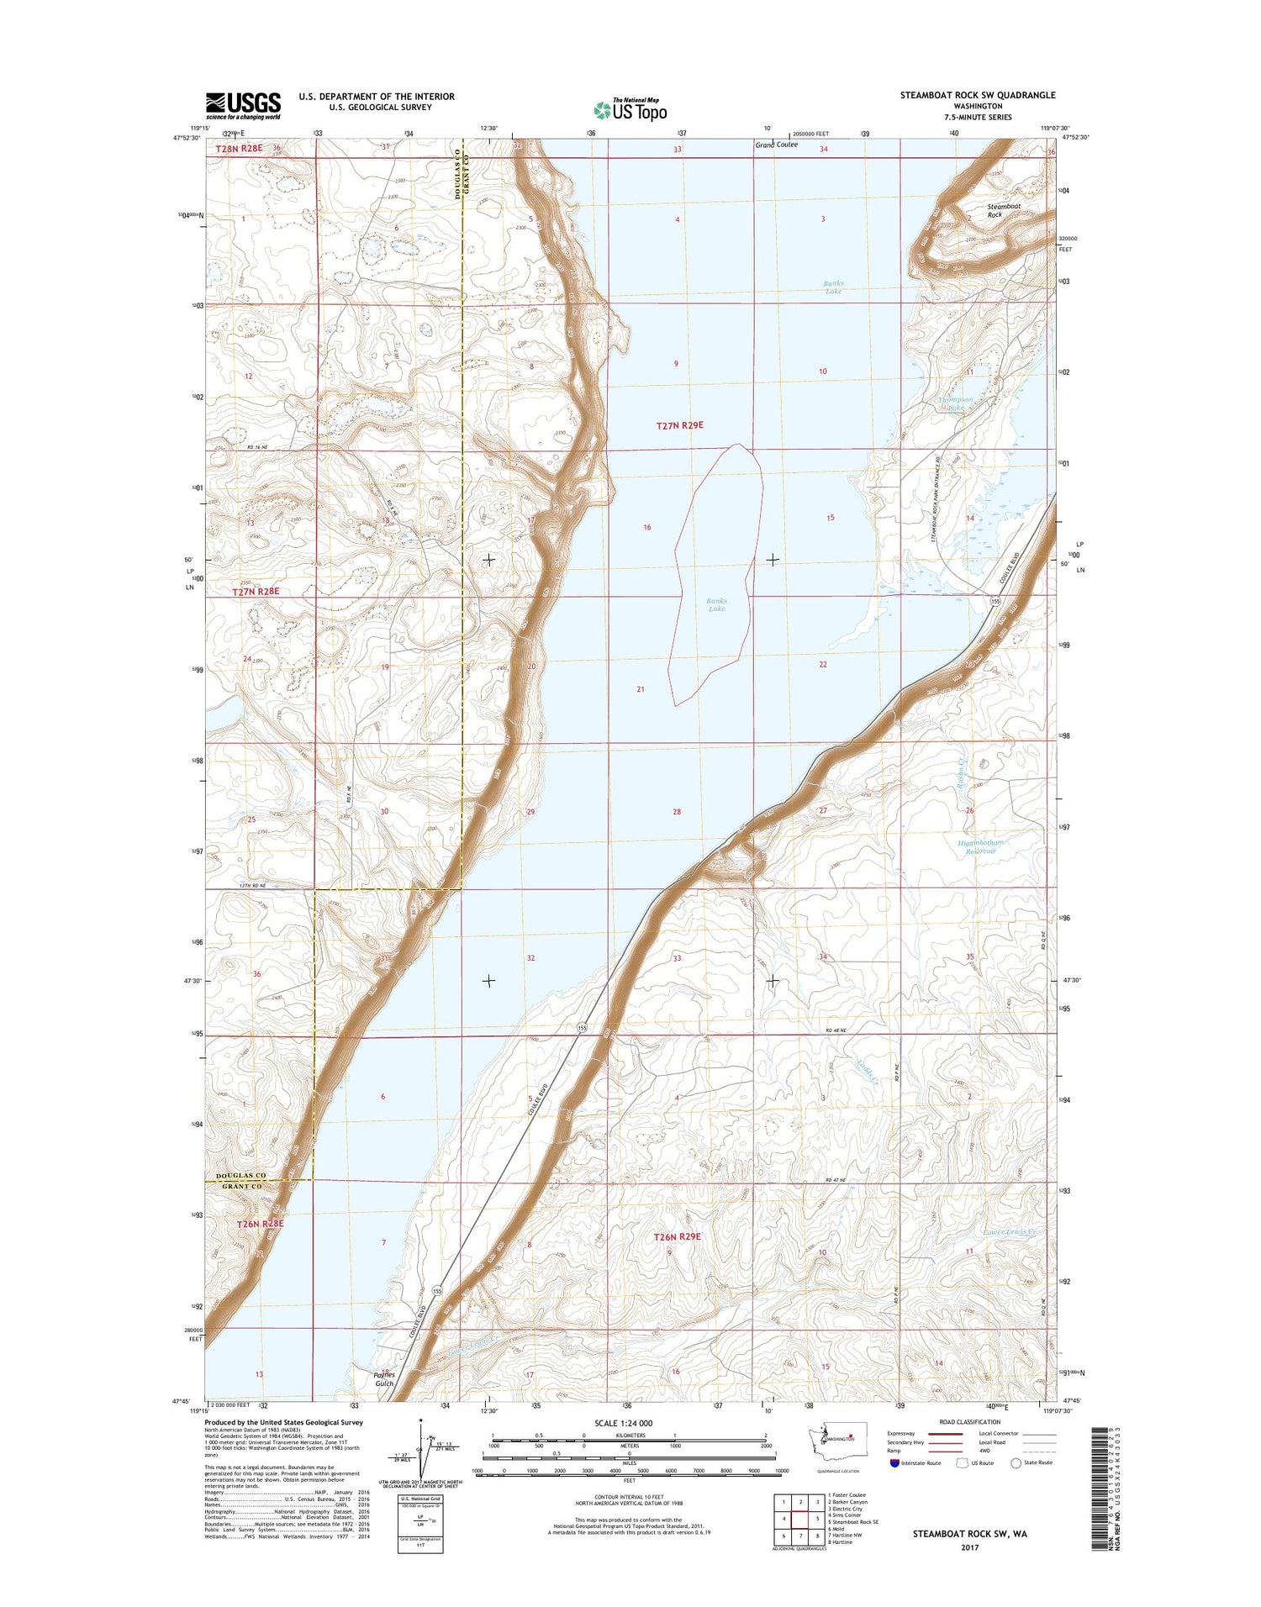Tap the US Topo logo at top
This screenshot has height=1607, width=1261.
(x=630, y=109)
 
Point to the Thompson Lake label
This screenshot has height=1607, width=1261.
(x=955, y=403)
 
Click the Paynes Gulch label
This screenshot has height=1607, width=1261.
(x=383, y=1379)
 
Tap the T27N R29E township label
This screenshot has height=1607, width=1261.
(x=679, y=425)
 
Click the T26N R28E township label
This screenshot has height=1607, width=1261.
(x=261, y=1224)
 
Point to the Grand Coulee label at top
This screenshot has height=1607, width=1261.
(x=776, y=145)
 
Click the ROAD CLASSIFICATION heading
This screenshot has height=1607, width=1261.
(x=964, y=1422)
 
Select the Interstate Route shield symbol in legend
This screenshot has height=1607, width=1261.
(x=894, y=1463)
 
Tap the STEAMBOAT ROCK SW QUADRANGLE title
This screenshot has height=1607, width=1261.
(x=977, y=95)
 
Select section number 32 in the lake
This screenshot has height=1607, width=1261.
(x=530, y=958)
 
